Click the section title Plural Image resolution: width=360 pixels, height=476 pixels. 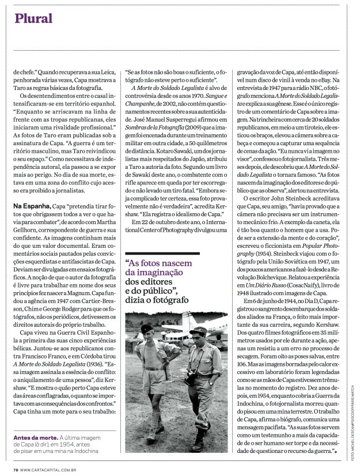coord(34,18)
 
